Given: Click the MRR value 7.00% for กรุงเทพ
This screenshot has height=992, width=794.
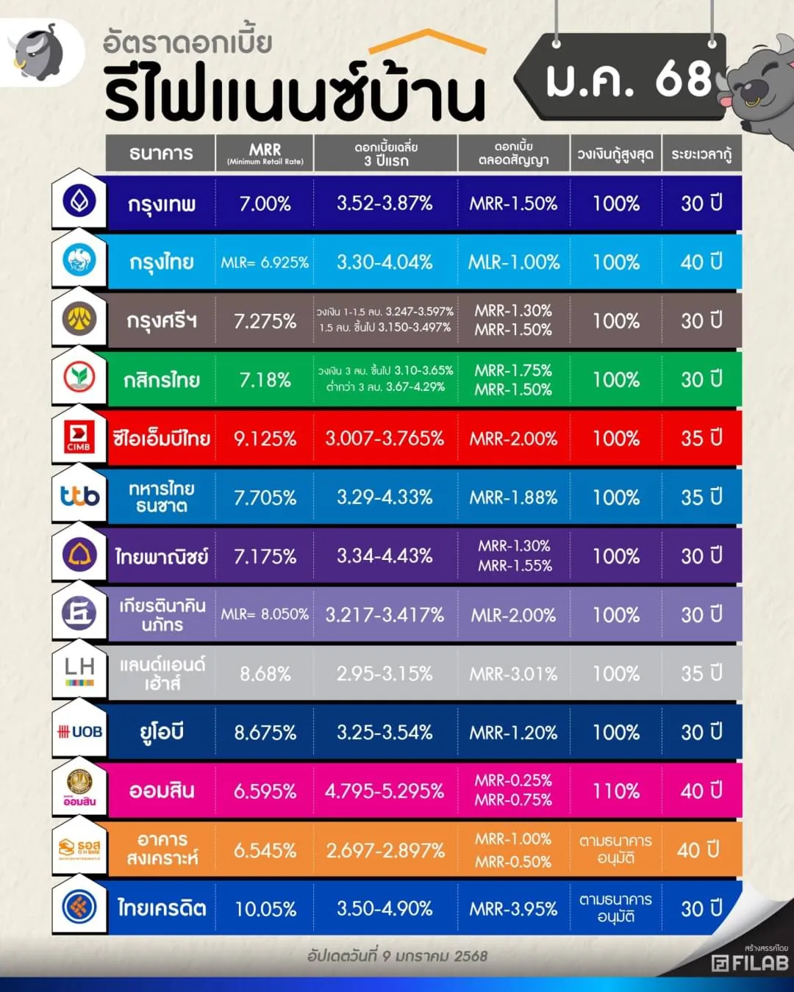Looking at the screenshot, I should tap(265, 204).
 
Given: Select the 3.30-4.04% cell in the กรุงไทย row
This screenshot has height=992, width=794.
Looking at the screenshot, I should tap(385, 262).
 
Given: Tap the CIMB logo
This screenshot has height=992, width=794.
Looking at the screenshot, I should tap(79, 438).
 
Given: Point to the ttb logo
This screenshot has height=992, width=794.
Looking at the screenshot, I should tap(79, 497).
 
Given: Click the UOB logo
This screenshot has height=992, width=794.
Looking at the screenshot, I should tap(79, 732).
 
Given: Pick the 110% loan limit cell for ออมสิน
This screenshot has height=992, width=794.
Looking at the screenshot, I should tap(616, 791).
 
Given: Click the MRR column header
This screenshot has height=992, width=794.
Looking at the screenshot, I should tap(265, 154).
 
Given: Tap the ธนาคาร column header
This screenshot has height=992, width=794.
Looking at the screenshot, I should tap(161, 154).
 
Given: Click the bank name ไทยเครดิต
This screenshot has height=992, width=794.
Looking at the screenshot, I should tap(162, 908).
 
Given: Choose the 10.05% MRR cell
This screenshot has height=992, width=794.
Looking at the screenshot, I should tap(265, 909).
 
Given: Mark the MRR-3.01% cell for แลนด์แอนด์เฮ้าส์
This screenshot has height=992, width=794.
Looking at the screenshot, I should tap(513, 674).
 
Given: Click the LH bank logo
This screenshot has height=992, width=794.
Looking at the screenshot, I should tap(79, 672).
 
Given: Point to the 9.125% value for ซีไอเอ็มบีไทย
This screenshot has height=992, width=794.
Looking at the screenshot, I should tap(265, 439).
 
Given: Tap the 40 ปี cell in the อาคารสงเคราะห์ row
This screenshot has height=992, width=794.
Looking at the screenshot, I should tap(698, 850).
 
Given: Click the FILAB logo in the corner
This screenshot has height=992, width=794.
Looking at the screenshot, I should tap(750, 963).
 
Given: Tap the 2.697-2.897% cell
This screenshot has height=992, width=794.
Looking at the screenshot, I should tap(385, 850).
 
